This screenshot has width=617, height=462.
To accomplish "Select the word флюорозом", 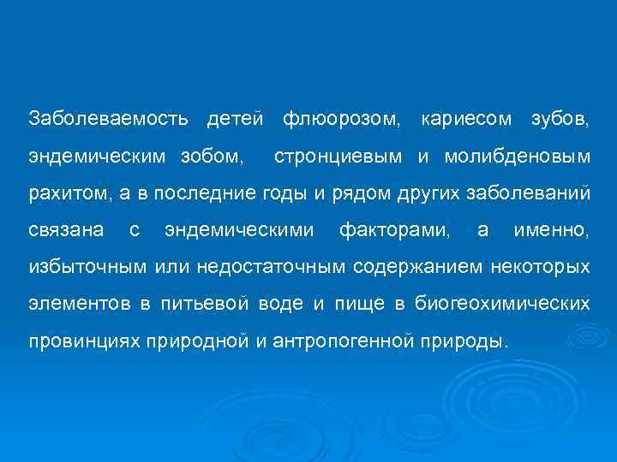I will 341,117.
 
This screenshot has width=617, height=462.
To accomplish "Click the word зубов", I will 560,117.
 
